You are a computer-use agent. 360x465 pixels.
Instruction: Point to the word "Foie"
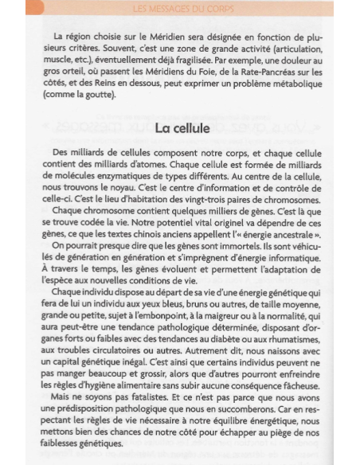176,76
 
